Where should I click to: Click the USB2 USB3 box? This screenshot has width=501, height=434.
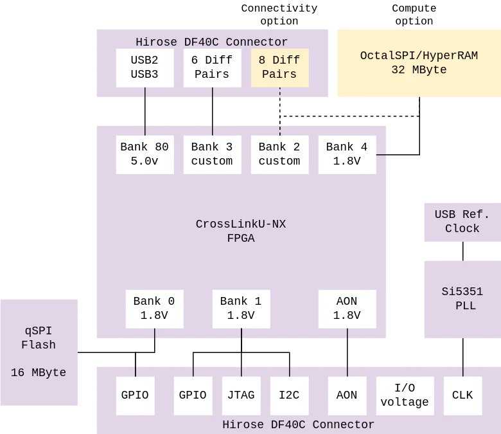point(145,68)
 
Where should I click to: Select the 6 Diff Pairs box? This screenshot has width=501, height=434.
point(212,68)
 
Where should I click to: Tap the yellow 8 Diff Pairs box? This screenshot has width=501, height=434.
point(279,68)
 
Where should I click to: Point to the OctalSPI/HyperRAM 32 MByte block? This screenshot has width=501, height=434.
point(418,62)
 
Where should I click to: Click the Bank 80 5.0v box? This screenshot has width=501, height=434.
point(145,154)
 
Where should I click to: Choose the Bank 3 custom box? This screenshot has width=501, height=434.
point(212,154)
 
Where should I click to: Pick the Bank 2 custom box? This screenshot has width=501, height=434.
point(279,154)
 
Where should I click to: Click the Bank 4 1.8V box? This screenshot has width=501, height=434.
point(347,154)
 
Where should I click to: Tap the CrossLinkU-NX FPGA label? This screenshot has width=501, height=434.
point(241,231)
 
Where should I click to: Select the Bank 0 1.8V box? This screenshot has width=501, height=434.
point(154,309)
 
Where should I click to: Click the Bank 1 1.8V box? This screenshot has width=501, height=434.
point(241,309)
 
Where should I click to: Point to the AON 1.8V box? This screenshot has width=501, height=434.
point(347,309)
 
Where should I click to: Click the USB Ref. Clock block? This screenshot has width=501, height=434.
point(461,221)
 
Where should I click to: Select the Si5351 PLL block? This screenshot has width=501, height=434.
point(461,298)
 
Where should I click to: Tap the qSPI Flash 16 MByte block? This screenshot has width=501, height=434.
point(40,352)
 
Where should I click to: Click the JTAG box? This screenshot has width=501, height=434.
point(241,395)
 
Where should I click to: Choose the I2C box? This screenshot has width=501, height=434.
point(289,395)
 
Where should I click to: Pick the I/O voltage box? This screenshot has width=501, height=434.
point(405,395)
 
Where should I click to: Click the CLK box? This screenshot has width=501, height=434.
point(462,395)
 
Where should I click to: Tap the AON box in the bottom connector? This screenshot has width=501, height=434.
point(347,395)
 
